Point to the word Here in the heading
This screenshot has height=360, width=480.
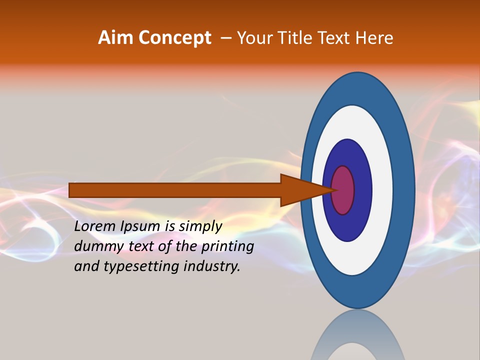[x=374, y=38]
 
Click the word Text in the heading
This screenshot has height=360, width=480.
[x=335, y=38]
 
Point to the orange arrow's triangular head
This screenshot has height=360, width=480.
[x=300, y=190]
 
